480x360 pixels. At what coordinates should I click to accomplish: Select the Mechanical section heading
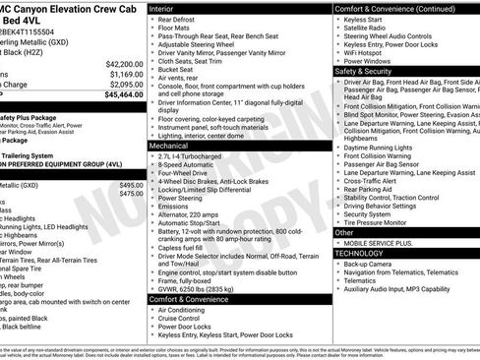171,145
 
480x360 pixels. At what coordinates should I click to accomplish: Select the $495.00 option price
131,185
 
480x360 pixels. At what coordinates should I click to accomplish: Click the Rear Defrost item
177,19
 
